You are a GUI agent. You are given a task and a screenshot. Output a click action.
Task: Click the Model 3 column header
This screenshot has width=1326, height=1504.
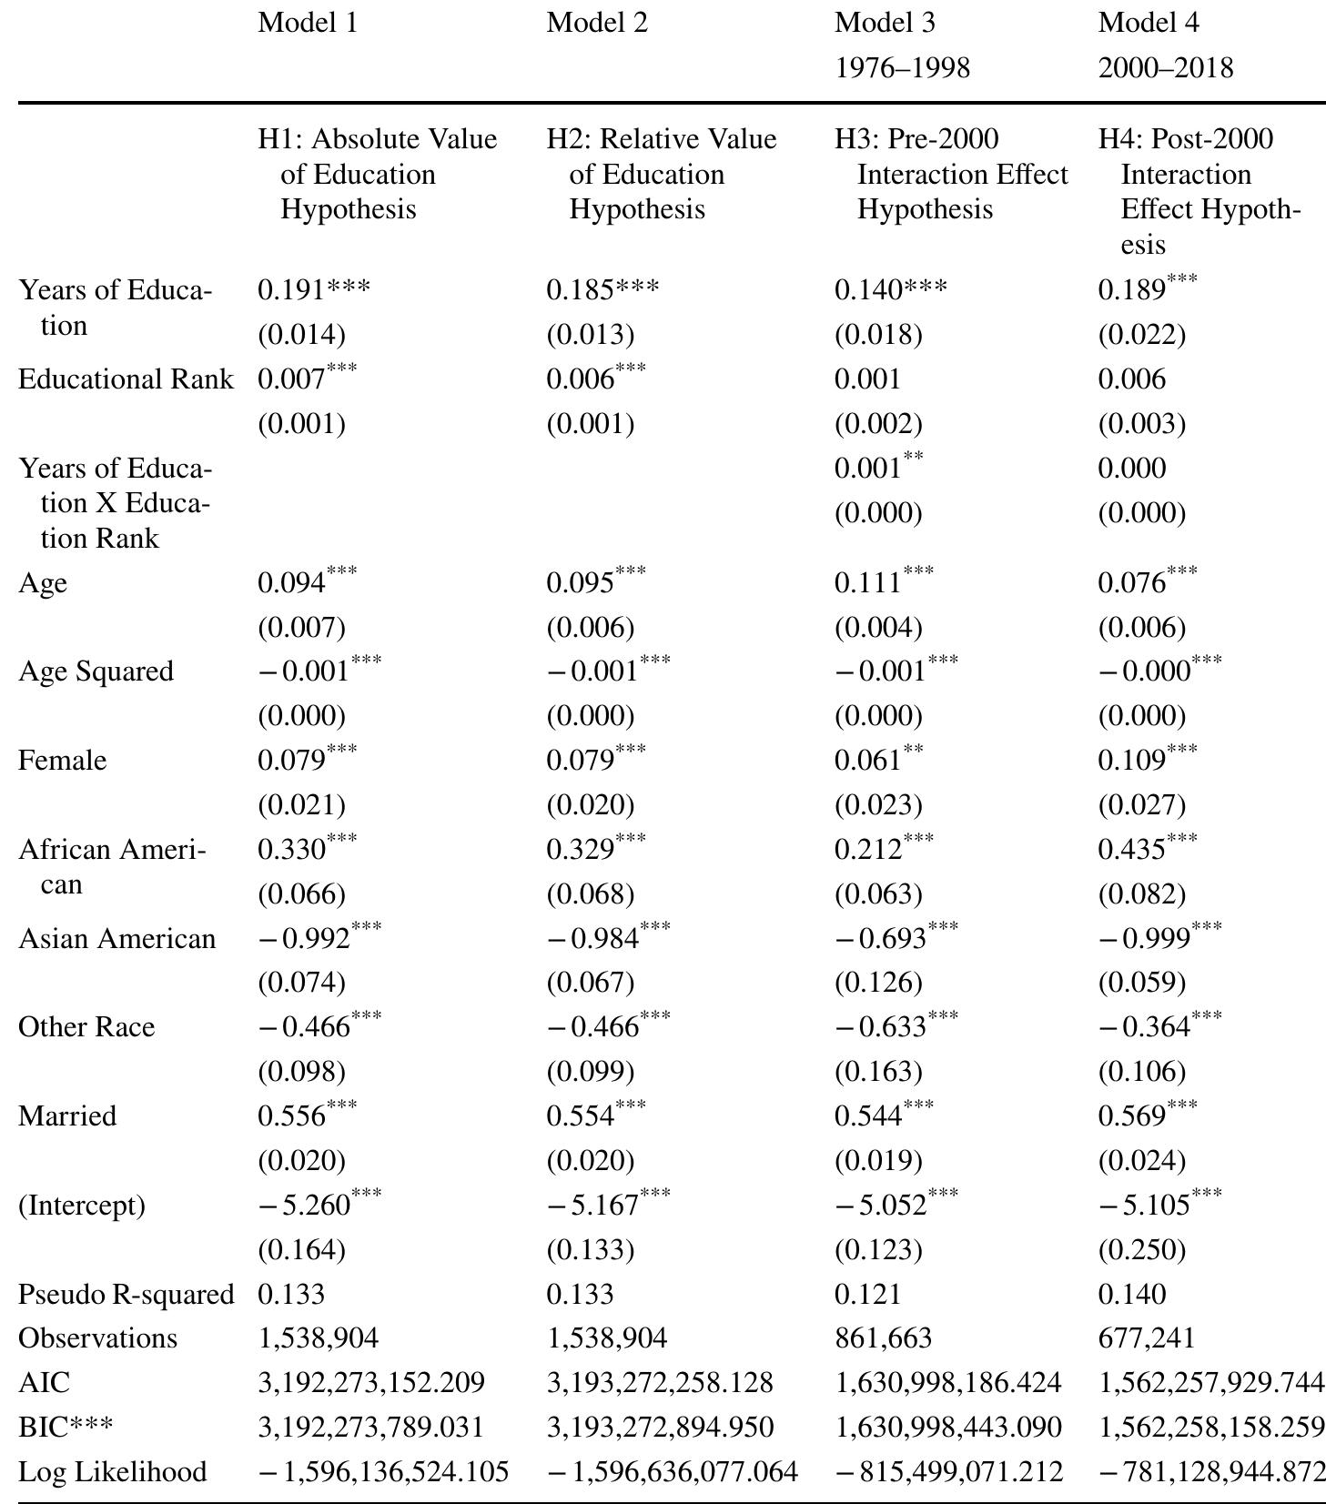click(x=884, y=24)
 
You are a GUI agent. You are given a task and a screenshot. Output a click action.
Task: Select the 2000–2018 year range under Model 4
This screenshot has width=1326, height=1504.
click(x=1165, y=68)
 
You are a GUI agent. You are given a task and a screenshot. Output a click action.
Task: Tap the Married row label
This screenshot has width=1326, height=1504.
click(x=67, y=1115)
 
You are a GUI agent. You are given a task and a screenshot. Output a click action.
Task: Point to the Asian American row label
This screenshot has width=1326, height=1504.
click(x=117, y=938)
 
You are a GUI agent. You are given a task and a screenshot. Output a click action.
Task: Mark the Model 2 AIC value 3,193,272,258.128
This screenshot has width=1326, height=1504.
click(x=659, y=1383)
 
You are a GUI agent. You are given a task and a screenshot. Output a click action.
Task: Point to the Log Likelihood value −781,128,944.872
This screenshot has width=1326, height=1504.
click(x=1211, y=1471)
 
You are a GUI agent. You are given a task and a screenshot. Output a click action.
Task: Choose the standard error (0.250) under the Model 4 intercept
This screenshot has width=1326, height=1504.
click(x=1141, y=1249)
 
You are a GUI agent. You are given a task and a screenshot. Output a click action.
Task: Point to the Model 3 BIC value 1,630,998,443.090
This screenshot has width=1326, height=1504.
click(x=947, y=1427)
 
